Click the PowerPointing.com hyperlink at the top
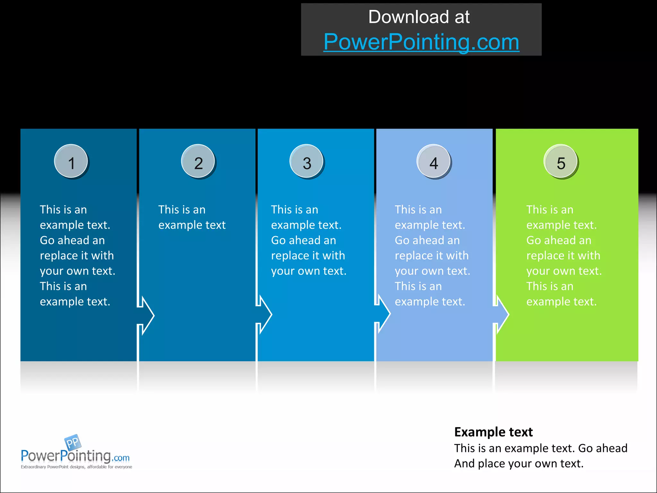421,42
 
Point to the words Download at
419,17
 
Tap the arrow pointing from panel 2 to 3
265,315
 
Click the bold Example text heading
493,432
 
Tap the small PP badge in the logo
73,442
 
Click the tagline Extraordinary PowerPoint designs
76,467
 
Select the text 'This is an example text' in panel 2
192,217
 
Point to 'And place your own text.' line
519,463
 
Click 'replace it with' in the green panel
563,255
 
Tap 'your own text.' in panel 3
309,271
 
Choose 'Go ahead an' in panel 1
72,240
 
